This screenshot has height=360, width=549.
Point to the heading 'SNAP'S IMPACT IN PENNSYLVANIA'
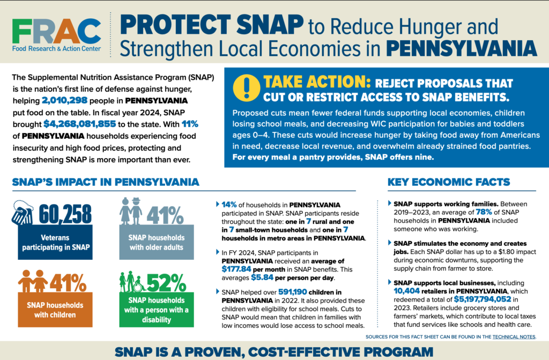[106, 182]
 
